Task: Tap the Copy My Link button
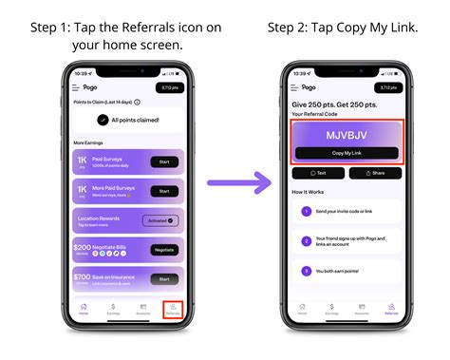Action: coord(347,153)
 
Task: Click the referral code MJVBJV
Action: coord(347,135)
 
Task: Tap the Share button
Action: coord(375,174)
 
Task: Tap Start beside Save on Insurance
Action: coord(163,279)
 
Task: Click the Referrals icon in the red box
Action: coord(173,309)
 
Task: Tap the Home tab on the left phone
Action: coord(84,309)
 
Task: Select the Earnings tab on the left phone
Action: coord(114,309)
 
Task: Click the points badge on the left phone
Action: coord(167,87)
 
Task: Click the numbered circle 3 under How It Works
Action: coord(306,270)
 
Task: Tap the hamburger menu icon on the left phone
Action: coord(76,87)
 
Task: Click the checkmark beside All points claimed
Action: coord(103,120)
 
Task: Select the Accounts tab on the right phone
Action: coord(362,309)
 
